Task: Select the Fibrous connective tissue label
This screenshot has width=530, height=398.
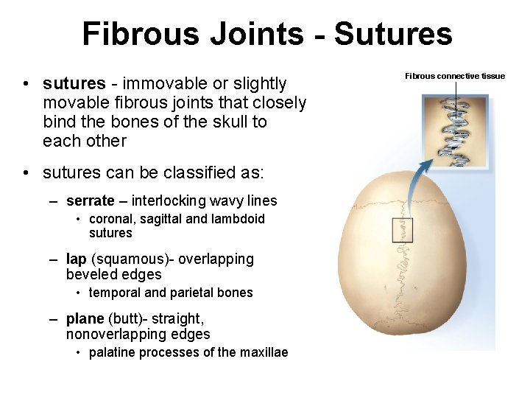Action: click(x=455, y=76)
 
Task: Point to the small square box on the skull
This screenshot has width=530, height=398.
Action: click(x=402, y=230)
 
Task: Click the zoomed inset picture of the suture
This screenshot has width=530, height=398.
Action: click(x=456, y=131)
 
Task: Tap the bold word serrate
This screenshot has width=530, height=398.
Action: click(x=90, y=200)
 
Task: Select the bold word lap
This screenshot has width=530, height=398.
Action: click(x=76, y=259)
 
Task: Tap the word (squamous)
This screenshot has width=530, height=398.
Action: click(x=122, y=259)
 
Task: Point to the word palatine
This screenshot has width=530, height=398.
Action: click(x=111, y=352)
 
